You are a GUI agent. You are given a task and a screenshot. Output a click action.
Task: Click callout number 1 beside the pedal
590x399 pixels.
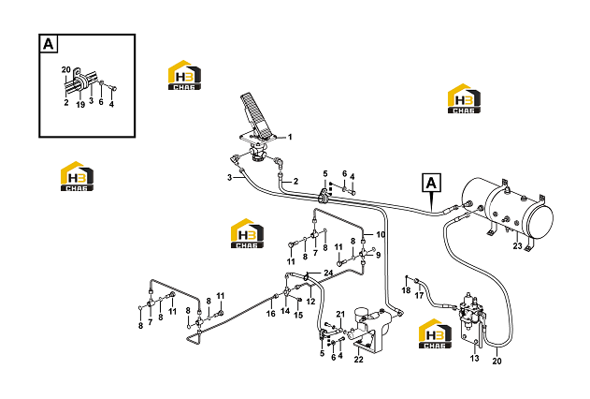click(290, 137)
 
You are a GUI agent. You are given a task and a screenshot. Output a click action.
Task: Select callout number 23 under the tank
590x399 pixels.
click(518, 245)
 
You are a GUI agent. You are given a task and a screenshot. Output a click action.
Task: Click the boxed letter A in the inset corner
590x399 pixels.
click(49, 44)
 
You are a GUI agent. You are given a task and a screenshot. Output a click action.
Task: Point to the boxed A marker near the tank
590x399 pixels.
click(431, 184)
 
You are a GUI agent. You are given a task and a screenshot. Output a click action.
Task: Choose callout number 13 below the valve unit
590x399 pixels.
click(474, 358)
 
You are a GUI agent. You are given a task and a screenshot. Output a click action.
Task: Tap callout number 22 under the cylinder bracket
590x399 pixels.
click(359, 360)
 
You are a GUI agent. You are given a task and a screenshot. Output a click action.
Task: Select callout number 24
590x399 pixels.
click(328, 273)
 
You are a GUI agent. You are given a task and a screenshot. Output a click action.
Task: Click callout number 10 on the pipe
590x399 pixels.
click(381, 234)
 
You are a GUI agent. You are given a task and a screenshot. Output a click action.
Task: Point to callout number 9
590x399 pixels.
click(378, 255)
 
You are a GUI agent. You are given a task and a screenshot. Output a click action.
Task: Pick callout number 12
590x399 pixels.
click(310, 302)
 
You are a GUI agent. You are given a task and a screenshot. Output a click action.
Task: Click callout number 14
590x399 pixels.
click(285, 311)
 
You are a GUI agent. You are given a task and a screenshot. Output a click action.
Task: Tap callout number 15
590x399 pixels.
click(298, 315)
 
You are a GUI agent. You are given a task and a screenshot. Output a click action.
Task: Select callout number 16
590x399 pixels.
click(271, 314)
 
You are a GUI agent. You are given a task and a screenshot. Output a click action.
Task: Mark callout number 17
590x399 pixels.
click(419, 295)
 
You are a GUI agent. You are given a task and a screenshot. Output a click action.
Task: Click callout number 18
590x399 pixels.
click(406, 290)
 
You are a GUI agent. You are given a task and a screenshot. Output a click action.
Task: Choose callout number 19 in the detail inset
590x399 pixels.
click(80, 105)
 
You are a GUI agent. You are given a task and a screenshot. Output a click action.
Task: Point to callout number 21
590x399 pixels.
click(340, 314)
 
